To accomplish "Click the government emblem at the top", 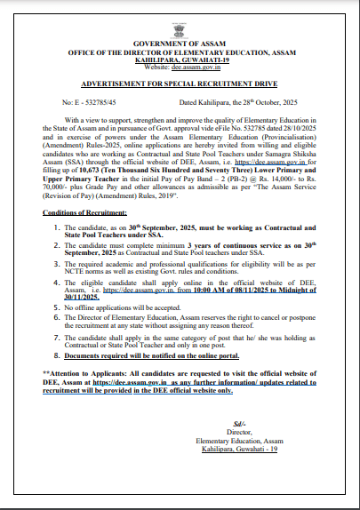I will coord(180,23).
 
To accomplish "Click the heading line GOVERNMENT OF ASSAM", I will coord(180,43).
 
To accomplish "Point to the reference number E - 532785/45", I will coord(92,103).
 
